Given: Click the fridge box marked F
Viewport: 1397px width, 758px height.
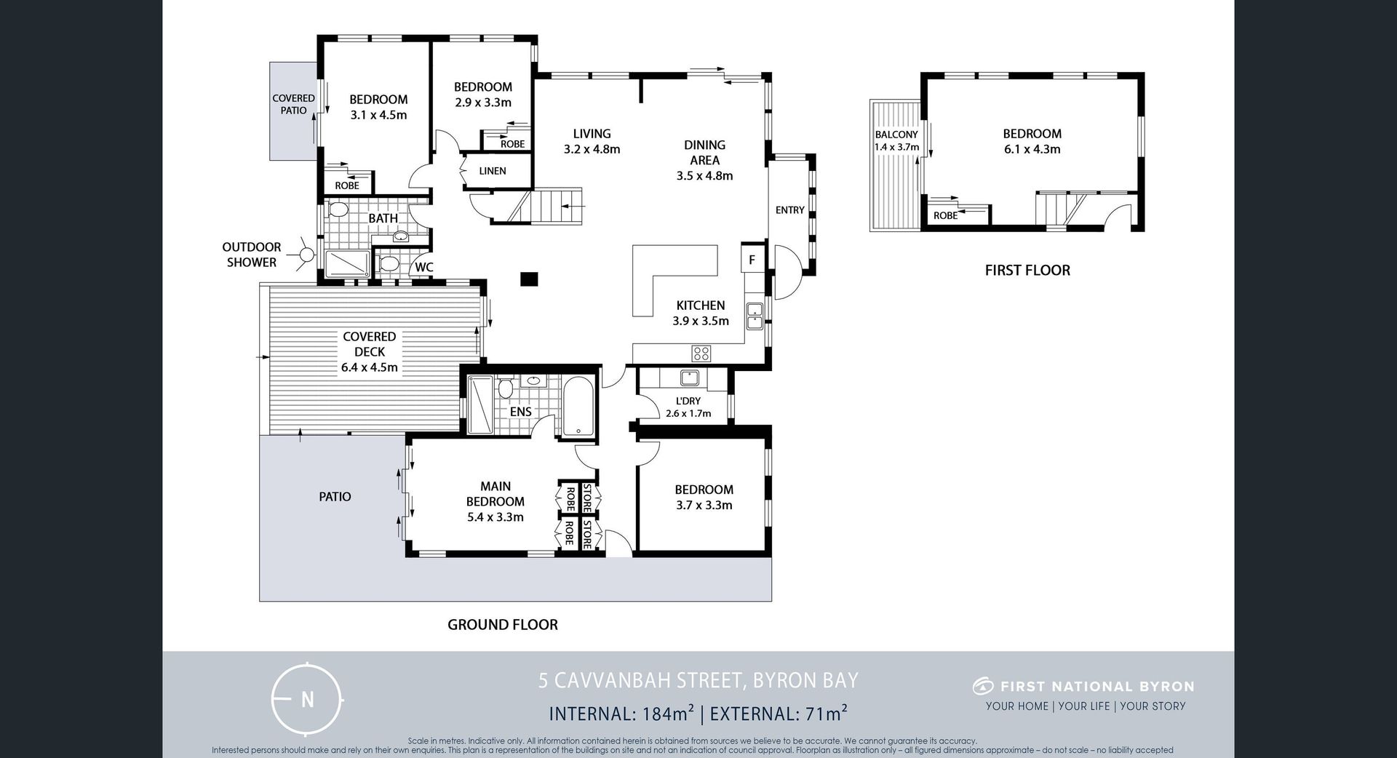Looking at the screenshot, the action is (x=752, y=259).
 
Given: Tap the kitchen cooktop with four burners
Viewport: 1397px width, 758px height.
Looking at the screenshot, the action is (x=701, y=354).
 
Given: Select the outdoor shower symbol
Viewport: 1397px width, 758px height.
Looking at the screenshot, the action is (x=307, y=255).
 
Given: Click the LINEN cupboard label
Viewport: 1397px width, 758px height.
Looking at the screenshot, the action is (x=493, y=171).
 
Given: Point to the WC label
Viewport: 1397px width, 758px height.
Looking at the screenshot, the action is (x=424, y=267).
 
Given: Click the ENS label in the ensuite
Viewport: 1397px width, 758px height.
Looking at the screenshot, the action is (x=521, y=412).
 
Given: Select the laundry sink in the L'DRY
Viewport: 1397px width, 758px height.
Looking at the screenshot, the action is (x=689, y=378).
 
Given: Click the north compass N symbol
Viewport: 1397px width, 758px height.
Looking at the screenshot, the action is (x=307, y=699).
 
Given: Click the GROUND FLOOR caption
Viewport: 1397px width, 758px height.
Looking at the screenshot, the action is (x=503, y=625).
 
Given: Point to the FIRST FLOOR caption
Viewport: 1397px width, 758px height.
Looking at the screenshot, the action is (x=1027, y=271).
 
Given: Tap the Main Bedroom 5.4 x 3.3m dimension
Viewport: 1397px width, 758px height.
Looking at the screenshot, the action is (x=495, y=517).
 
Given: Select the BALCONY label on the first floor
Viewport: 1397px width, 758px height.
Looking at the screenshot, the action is (x=896, y=135).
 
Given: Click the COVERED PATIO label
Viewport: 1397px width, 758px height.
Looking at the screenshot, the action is (x=294, y=104).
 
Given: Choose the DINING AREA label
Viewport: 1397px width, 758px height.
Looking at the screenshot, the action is (x=705, y=153).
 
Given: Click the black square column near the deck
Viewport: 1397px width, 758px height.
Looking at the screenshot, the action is (x=529, y=279).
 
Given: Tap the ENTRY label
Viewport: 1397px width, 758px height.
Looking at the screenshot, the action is (x=790, y=210).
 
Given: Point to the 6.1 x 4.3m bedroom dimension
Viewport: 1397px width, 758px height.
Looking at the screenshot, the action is (x=1032, y=149).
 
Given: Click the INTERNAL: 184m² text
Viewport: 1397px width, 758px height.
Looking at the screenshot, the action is (x=621, y=714).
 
